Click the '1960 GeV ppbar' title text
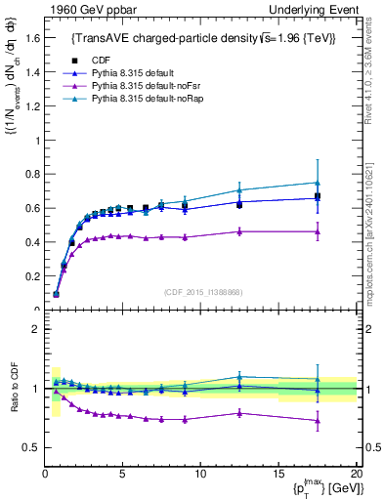[87, 10]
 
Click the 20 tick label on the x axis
[356, 474]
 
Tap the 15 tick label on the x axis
[278, 474]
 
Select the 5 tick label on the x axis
[123, 474]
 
